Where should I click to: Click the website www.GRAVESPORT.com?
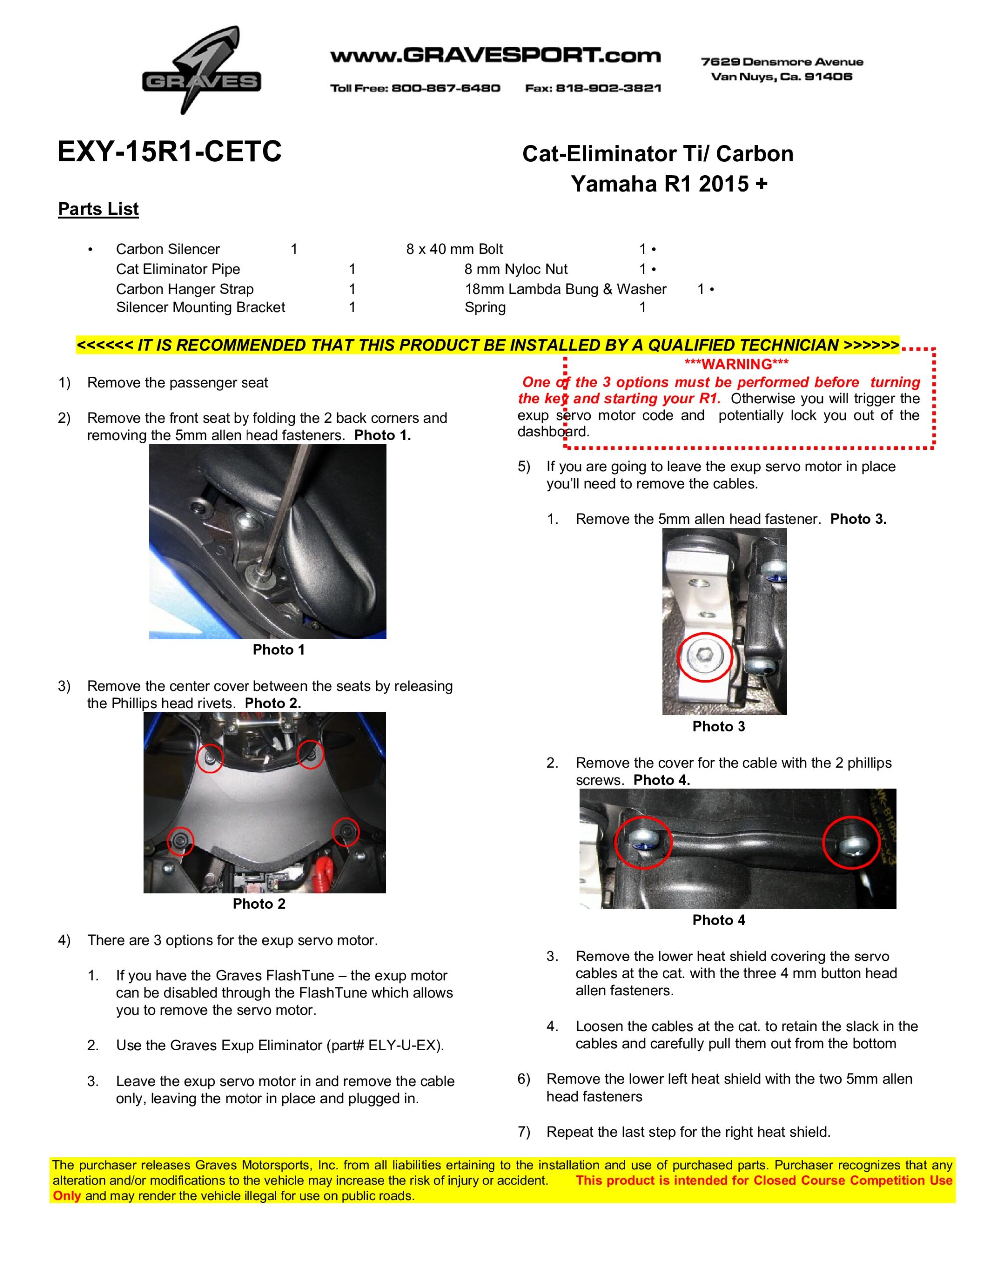495,56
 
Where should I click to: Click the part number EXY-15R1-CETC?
170,152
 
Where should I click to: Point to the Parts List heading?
98,209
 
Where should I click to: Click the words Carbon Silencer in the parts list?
167,249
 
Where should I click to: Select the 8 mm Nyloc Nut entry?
515,269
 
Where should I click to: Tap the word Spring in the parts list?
485,307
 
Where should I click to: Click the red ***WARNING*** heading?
736,364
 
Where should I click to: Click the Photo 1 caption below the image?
278,649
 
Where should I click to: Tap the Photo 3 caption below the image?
719,726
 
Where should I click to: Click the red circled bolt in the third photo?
705,657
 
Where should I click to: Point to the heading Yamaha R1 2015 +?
669,184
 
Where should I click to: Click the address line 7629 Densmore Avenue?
781,62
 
